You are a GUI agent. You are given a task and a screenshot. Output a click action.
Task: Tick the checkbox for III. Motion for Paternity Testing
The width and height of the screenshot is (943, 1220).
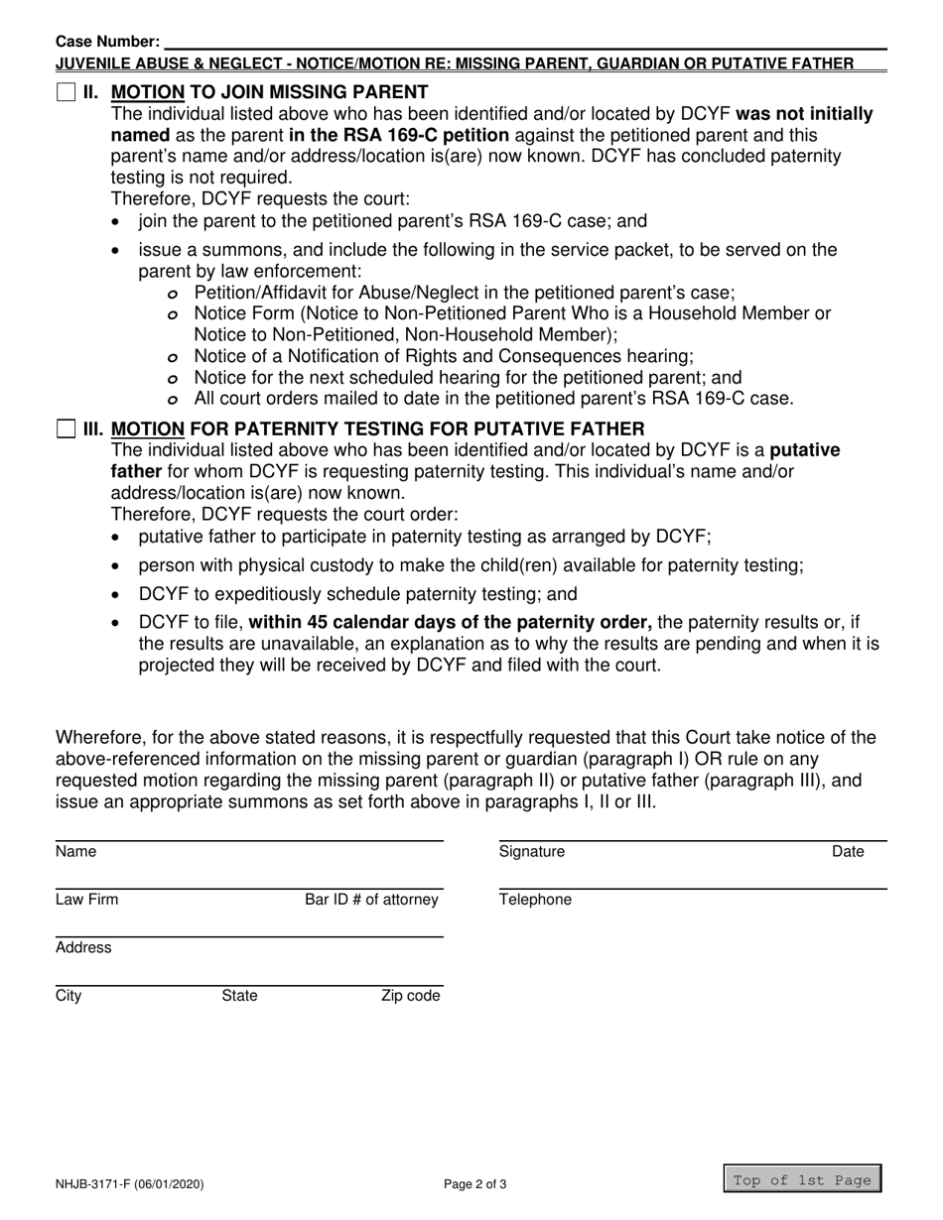click(x=66, y=428)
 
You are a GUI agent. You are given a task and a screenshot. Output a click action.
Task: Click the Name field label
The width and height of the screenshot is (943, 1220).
click(x=74, y=851)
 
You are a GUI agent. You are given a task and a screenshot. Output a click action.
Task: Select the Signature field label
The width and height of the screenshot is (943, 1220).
click(x=531, y=851)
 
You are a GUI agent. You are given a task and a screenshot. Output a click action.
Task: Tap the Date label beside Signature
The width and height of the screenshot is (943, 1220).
click(x=848, y=851)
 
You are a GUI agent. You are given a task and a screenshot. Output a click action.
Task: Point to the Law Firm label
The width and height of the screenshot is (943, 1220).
click(x=86, y=900)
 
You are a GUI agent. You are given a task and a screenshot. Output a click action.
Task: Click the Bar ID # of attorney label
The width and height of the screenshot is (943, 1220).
click(x=371, y=900)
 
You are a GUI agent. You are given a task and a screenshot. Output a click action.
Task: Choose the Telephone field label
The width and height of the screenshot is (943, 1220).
click(x=535, y=900)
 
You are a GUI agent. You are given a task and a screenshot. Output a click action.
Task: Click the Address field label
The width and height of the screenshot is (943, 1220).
click(x=83, y=947)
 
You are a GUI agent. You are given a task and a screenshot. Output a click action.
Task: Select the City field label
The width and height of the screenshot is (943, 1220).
click(x=68, y=996)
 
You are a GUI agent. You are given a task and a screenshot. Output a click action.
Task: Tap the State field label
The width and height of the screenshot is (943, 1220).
click(x=238, y=996)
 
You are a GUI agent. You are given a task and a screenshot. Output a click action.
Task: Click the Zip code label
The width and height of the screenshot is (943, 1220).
click(x=410, y=996)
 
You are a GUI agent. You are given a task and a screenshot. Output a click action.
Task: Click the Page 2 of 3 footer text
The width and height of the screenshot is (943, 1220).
click(x=479, y=1182)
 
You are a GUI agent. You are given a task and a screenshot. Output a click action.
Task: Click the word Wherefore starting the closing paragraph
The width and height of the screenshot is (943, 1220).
click(x=103, y=737)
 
